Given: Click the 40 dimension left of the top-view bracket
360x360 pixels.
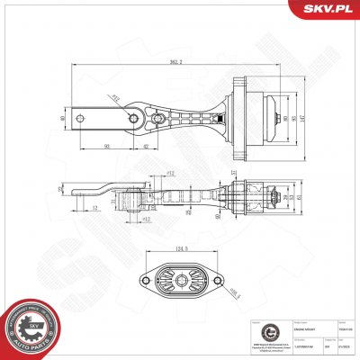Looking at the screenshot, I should click(62, 117).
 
